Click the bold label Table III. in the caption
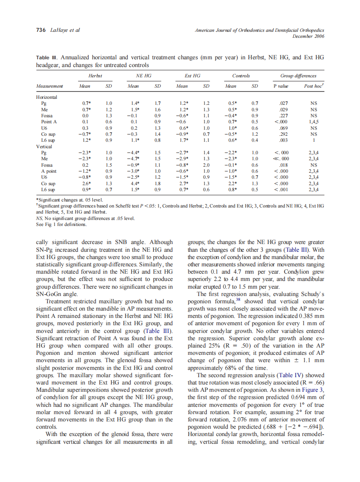click(x=47, y=58)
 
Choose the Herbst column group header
click(x=95, y=76)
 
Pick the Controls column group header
click(x=241, y=76)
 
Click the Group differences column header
click(x=298, y=76)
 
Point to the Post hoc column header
click(x=314, y=86)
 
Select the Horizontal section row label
click(x=47, y=97)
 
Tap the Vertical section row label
click(x=44, y=146)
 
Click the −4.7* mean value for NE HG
click(x=134, y=159)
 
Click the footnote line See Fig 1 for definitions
click(x=61, y=224)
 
